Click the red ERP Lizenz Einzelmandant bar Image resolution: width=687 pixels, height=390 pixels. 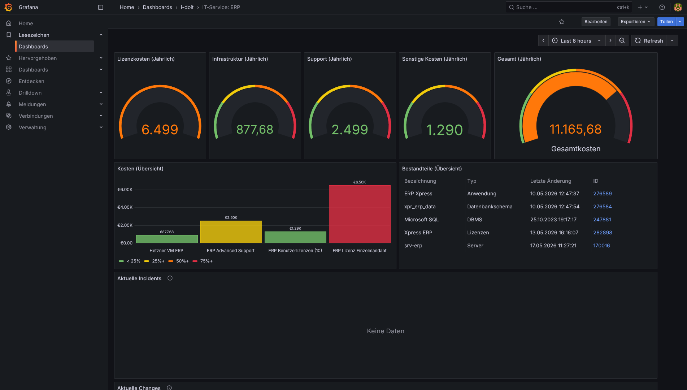tap(360, 214)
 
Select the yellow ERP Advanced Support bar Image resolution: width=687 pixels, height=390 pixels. tap(231, 232)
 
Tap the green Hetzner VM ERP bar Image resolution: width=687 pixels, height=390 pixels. tap(167, 239)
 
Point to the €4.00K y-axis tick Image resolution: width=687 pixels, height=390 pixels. tap(125, 207)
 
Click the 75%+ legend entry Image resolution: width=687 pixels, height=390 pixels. tap(203, 261)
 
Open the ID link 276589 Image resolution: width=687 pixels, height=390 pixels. tap(603, 194)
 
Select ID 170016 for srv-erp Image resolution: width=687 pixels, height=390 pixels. tap(601, 246)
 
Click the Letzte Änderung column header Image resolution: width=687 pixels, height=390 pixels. tap(551, 181)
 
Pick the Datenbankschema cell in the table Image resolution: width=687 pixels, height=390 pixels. tap(490, 207)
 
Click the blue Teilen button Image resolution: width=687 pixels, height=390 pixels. tap(666, 22)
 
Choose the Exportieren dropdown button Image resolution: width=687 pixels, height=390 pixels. tap(636, 22)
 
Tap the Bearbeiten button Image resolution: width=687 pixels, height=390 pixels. tap(596, 22)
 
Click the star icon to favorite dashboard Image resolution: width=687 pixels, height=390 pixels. tap(562, 22)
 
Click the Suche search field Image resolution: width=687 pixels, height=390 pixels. tap(569, 7)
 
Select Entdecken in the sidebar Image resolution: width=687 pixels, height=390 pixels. tap(31, 81)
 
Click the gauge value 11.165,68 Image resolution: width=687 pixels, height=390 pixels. tap(575, 129)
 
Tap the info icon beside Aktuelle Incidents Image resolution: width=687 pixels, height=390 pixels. tap(170, 278)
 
